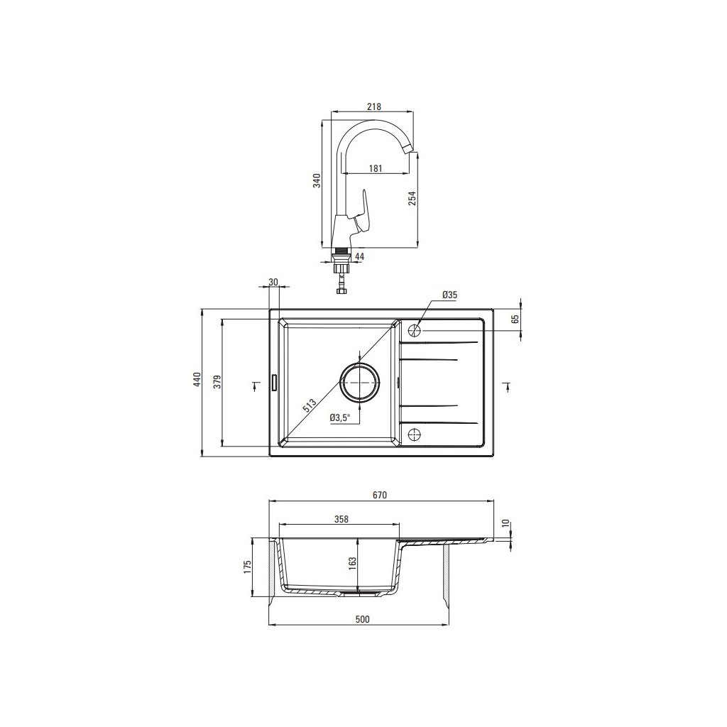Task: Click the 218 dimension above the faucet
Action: tap(373, 106)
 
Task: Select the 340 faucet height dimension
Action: tap(317, 180)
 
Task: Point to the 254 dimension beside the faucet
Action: tap(412, 198)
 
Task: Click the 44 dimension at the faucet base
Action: tap(359, 256)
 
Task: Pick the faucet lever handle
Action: tap(364, 213)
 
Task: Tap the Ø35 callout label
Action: tap(449, 295)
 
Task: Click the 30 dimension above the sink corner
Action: tap(273, 282)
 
